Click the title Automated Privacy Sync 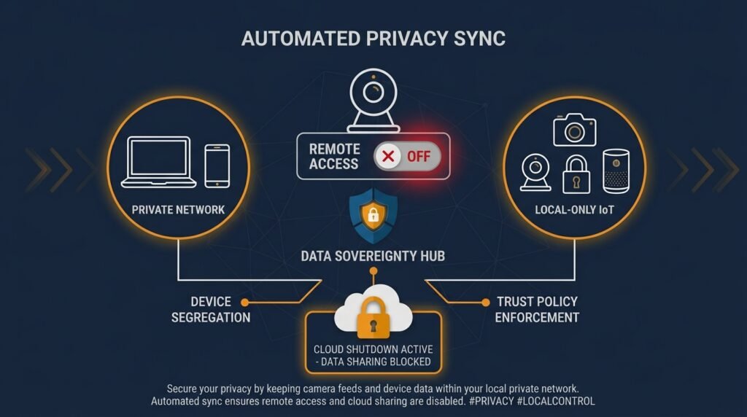coord(373,39)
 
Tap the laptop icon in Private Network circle coord(158,162)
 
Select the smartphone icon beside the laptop coord(217,165)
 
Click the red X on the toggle coord(388,156)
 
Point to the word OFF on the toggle coord(418,156)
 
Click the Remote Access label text coord(333,156)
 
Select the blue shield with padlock coord(373,216)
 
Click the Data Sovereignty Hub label coord(373,256)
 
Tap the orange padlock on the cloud coord(373,317)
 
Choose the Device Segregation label coord(211,309)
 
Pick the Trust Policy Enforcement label coord(537,309)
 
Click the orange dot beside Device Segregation coord(245,303)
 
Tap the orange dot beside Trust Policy coord(485,303)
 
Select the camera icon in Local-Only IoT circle coord(575,130)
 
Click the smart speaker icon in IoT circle coord(616,171)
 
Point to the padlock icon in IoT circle coord(576,175)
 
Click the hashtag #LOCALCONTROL coord(555,401)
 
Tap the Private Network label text coord(178,210)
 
